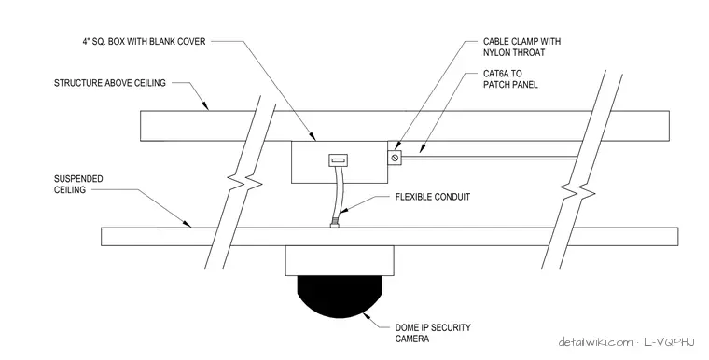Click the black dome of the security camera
pyautogui.click(x=340, y=297)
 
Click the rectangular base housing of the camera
pyautogui.click(x=340, y=260)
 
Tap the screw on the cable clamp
pyautogui.click(x=395, y=158)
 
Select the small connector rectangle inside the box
pyautogui.click(x=339, y=159)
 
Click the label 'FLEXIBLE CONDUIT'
pyautogui.click(x=432, y=197)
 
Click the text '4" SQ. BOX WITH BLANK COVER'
pyautogui.click(x=144, y=42)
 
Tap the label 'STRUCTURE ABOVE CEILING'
pyautogui.click(x=110, y=83)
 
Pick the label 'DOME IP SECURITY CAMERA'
pyautogui.click(x=433, y=333)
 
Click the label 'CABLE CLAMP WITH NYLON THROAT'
pyautogui.click(x=521, y=47)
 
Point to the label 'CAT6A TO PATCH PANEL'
pyautogui.click(x=510, y=78)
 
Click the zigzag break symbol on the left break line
pyautogui.click(x=245, y=182)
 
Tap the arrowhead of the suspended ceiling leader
pyautogui.click(x=188, y=223)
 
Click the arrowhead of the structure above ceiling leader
pyautogui.click(x=206, y=106)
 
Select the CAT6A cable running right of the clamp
pyautogui.click(x=489, y=158)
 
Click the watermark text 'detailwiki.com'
pyautogui.click(x=595, y=342)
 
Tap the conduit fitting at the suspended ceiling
pyautogui.click(x=335, y=224)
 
